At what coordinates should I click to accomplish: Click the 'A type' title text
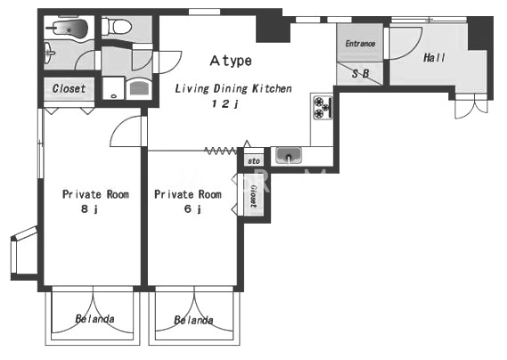pyautogui.click(x=231, y=61)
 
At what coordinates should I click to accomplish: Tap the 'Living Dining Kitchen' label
pyautogui.click(x=233, y=88)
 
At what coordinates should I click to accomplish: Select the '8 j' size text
pyautogui.click(x=89, y=209)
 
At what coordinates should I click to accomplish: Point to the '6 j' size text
pyautogui.click(x=192, y=209)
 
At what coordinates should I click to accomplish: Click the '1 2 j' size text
pyautogui.click(x=225, y=104)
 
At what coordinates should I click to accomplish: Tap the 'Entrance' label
pyautogui.click(x=360, y=44)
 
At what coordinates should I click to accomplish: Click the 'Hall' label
pyautogui.click(x=434, y=58)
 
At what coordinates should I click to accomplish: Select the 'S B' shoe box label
pyautogui.click(x=361, y=74)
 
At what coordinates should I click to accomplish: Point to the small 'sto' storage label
pyautogui.click(x=254, y=160)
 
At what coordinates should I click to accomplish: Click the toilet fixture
pyautogui.click(x=116, y=26)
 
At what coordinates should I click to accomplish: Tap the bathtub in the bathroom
pyautogui.click(x=68, y=29)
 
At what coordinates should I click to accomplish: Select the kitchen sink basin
pyautogui.click(x=289, y=155)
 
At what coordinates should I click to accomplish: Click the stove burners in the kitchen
pyautogui.click(x=323, y=107)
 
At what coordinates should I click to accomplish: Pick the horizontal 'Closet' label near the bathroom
pyautogui.click(x=69, y=88)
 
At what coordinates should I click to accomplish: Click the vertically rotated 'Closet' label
pyautogui.click(x=254, y=196)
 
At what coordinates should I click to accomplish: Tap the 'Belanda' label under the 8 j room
pyautogui.click(x=94, y=319)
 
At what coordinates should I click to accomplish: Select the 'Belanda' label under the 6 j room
pyautogui.click(x=193, y=320)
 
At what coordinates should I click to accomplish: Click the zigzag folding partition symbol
pyautogui.click(x=221, y=151)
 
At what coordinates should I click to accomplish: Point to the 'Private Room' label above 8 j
pyautogui.click(x=95, y=194)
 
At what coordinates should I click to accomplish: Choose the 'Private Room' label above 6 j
pyautogui.click(x=188, y=194)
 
